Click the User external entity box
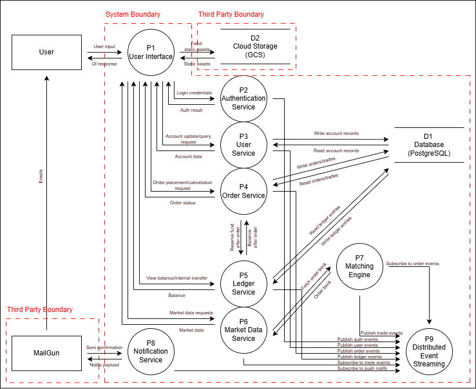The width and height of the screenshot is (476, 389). pos(46,52)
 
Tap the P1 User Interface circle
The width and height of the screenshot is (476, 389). pos(151,52)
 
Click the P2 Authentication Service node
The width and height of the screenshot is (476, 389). pos(244,98)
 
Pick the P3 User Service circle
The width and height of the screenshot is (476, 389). pos(244,145)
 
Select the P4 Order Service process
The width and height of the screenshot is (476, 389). pos(244,191)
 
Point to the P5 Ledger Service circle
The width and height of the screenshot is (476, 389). pos(244,284)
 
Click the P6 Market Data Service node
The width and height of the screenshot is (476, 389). pos(244,330)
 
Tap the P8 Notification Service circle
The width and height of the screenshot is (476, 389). pos(151,351)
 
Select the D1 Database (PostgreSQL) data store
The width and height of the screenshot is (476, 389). pos(429,145)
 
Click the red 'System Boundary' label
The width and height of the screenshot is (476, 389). pos(133,14)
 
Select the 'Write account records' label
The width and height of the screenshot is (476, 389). pos(336,133)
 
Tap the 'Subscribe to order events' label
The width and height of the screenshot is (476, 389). pos(412,263)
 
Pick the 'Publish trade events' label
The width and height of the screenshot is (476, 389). pos(381,333)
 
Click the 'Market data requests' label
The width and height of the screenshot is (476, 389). pos(191,313)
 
